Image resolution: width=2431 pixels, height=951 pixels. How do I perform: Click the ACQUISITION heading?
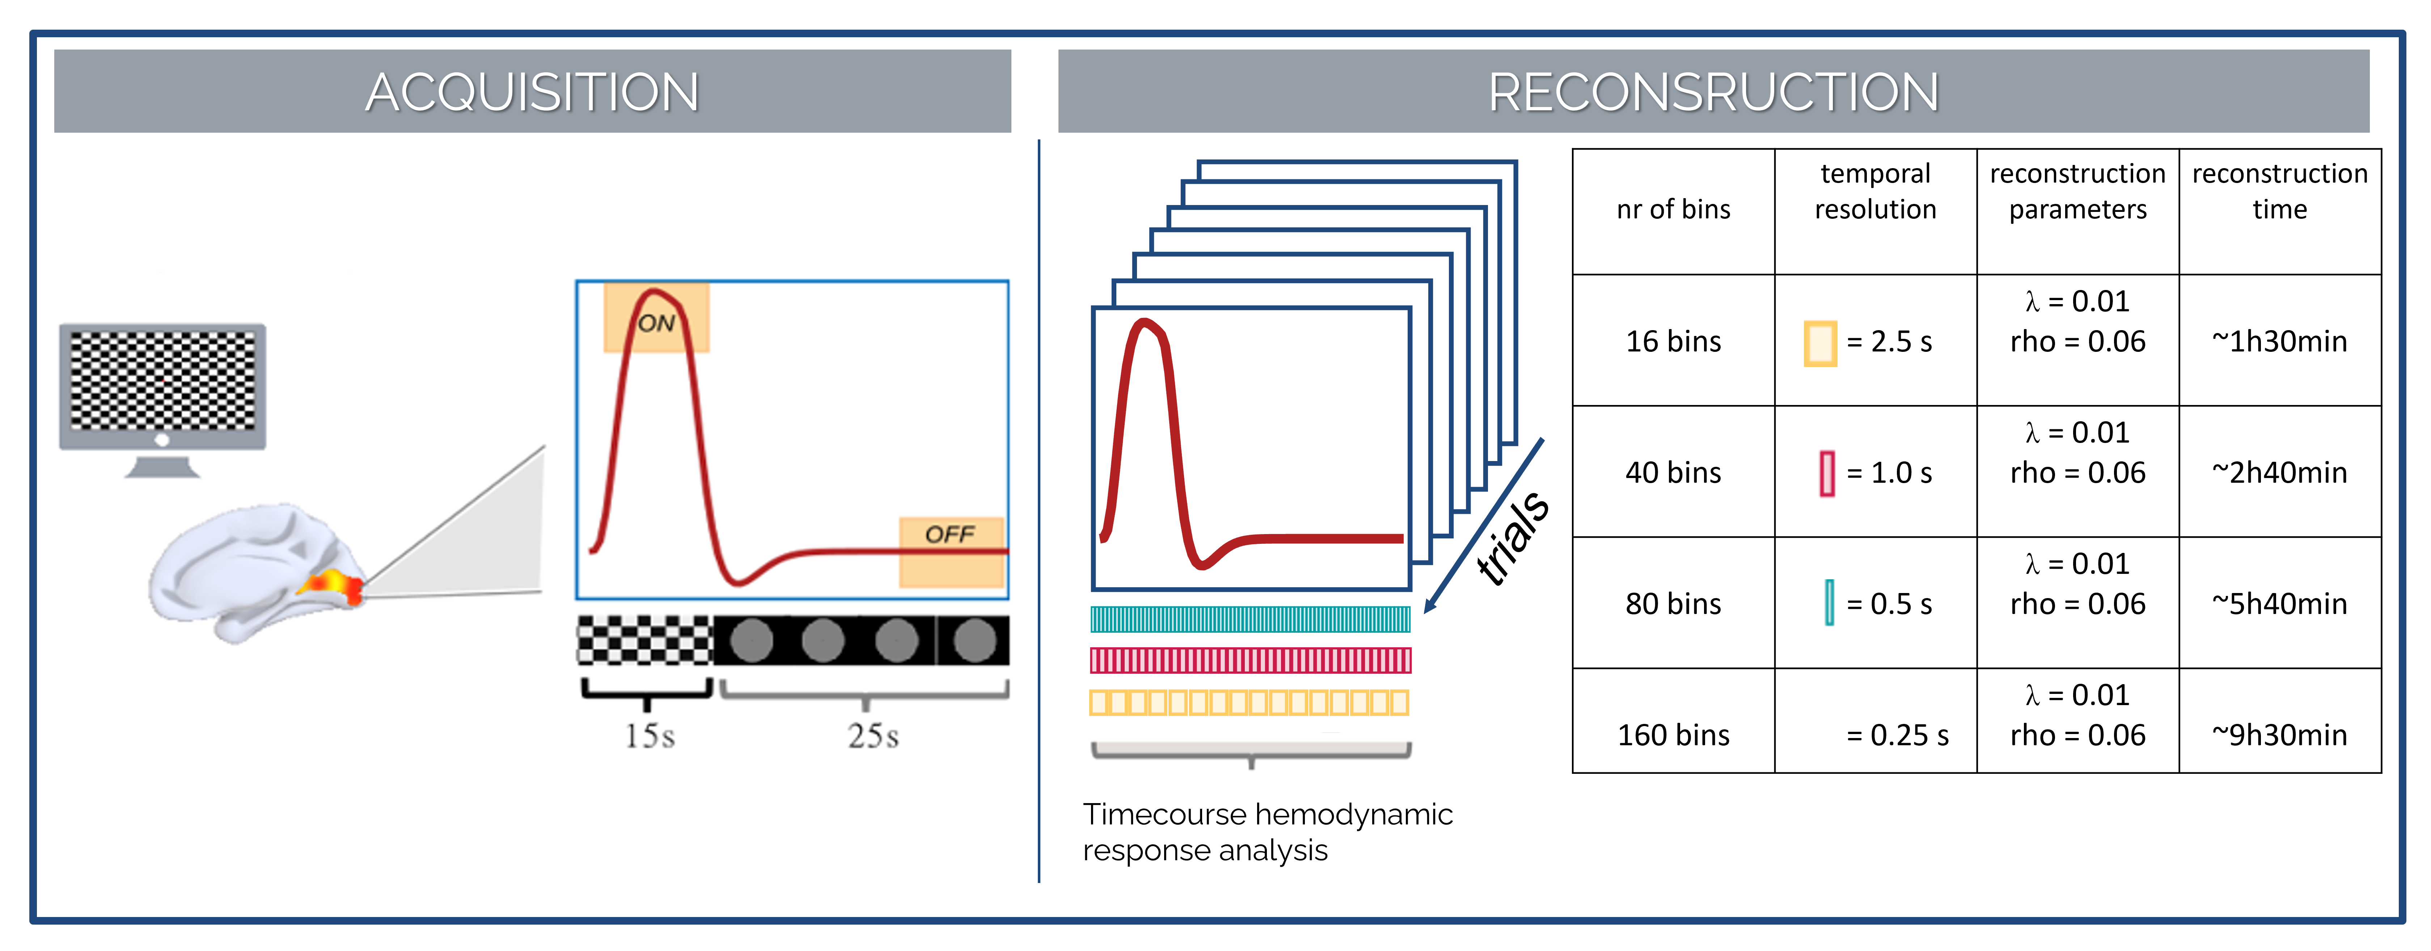[x=532, y=93]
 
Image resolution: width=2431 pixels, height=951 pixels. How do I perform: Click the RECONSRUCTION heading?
[x=1713, y=93]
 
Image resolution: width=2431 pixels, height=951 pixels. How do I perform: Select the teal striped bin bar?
[x=1250, y=619]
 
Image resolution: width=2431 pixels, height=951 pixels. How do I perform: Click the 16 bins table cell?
[x=1673, y=341]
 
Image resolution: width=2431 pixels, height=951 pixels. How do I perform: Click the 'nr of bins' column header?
[x=1673, y=209]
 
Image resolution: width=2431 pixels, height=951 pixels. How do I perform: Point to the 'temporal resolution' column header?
[x=1875, y=192]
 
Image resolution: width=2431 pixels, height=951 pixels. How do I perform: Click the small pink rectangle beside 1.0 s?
[x=1827, y=473]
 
